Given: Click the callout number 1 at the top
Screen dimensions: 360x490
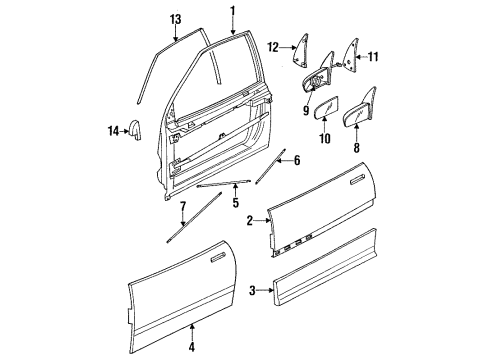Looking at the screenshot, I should pos(233,11).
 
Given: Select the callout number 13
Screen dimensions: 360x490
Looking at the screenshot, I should pos(175,19).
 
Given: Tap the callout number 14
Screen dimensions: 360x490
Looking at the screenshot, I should pos(113,128).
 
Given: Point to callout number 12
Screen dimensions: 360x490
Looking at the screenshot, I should pos(273,46).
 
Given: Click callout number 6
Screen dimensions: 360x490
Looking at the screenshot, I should pos(297,159).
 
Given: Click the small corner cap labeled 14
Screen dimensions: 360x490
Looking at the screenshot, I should pos(138,130).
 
